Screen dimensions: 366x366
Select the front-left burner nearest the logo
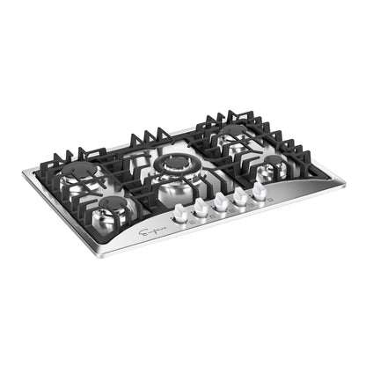[116, 206]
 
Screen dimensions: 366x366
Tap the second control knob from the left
[201, 206]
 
